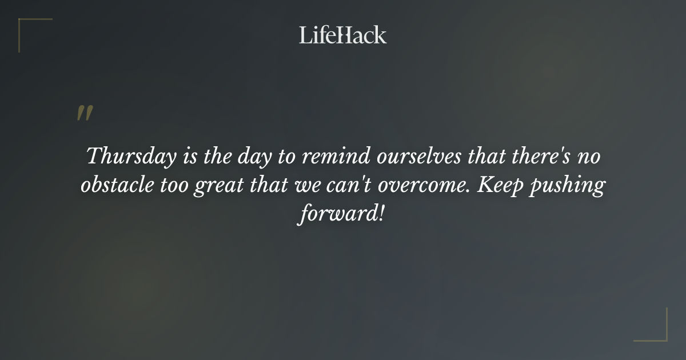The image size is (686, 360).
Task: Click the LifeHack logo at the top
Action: pos(342,35)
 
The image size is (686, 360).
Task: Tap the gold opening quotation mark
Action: pos(84,113)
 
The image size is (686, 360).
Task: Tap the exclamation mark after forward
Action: pos(380,216)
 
